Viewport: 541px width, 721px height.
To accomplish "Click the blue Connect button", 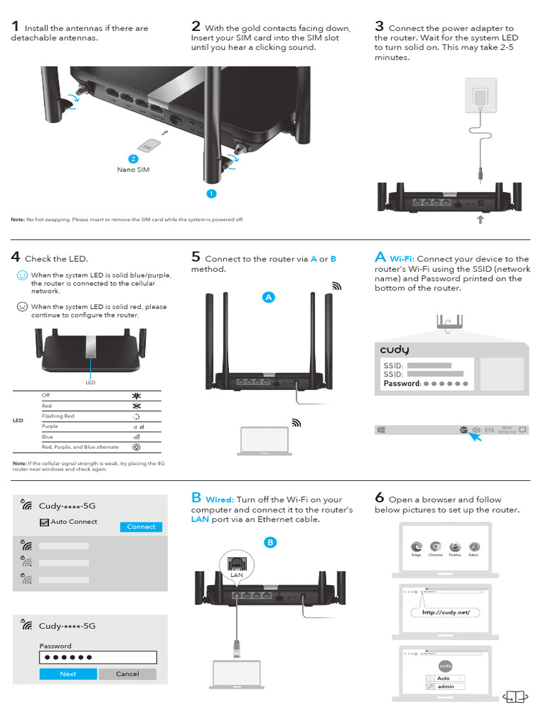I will pos(141,527).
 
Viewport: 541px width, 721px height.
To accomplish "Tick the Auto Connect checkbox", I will pos(44,522).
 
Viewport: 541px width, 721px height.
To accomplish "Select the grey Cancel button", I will pos(128,674).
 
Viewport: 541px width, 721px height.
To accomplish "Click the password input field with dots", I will pos(98,658).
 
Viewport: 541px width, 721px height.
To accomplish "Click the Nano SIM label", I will pos(133,170).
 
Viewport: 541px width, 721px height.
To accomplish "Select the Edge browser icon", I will pos(416,546).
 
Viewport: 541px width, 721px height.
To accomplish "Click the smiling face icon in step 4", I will pos(22,275).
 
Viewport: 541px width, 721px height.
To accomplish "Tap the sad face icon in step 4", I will pos(22,307).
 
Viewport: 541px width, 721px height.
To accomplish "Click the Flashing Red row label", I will pos(58,416).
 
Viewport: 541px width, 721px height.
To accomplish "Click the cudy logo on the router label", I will pos(394,350).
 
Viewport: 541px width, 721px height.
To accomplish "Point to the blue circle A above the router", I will pos(268,297).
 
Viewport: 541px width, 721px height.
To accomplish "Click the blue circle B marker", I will pos(270,542).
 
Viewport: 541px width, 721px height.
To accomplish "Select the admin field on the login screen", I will pos(446,686).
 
